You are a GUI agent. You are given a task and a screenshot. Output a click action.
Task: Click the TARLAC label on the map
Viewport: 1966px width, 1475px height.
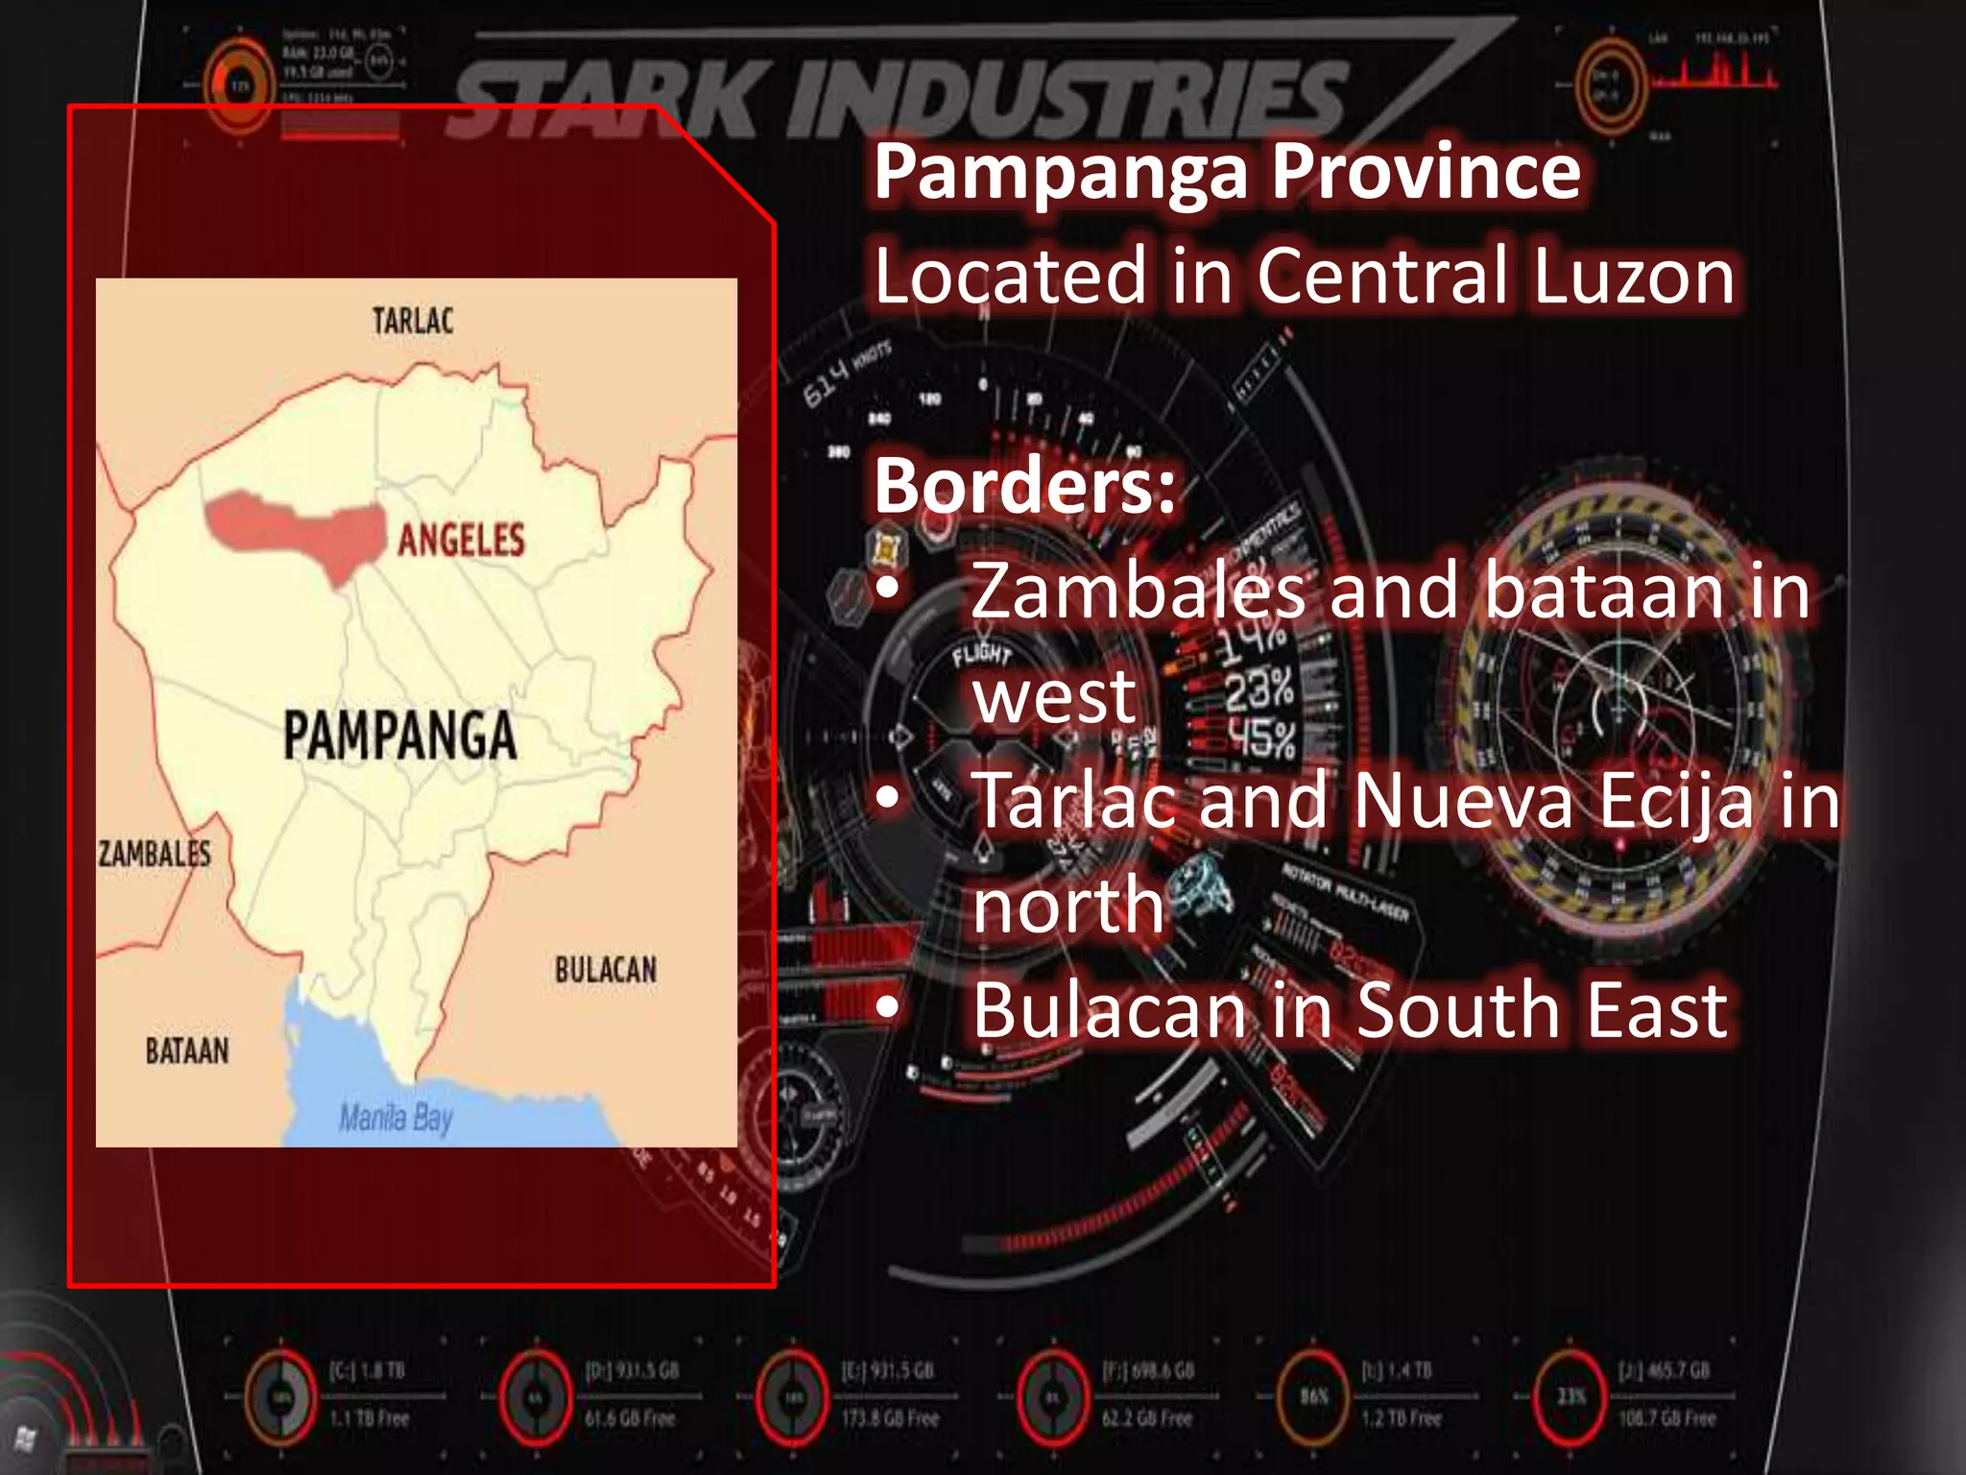(413, 321)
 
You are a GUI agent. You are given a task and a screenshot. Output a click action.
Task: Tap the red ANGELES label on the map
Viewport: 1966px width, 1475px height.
(462, 540)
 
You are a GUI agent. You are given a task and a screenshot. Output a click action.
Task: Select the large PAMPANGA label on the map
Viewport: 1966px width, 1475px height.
(400, 736)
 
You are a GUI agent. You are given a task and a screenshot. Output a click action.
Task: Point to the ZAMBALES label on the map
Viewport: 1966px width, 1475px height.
(155, 854)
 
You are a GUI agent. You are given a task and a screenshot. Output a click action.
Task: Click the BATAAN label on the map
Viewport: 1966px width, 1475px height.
(187, 1051)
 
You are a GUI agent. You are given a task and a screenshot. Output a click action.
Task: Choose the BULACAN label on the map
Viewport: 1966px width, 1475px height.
(606, 970)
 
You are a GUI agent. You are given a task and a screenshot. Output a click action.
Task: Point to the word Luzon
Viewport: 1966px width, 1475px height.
(1633, 277)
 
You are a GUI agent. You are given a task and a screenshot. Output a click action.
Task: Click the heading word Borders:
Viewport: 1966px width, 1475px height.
(1024, 486)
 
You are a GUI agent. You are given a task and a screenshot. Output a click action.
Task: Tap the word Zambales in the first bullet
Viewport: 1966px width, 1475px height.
(1139, 592)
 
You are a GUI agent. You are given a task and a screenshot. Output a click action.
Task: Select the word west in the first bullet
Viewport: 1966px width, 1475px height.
(1054, 696)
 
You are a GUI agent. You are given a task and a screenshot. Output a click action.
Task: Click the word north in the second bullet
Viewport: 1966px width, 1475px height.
(1068, 906)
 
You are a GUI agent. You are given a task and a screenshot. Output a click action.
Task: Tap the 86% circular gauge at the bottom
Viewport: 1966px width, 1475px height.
(1314, 1395)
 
